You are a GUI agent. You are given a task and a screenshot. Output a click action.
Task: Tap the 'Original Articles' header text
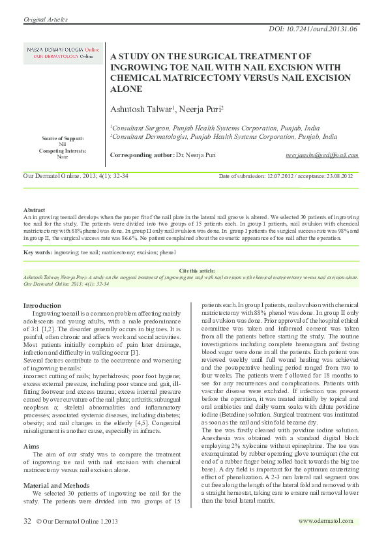[46, 20]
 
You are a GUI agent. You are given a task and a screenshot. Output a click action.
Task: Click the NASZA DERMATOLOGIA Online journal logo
[63, 53]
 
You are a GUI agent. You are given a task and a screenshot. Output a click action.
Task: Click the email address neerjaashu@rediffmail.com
[321, 155]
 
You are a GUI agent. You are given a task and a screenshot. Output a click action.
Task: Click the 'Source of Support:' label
[63, 138]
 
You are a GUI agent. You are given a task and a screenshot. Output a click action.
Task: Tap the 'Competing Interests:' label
[63, 151]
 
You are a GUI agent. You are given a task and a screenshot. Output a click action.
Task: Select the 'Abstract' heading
[35, 211]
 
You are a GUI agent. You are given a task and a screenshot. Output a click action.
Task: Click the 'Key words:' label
[38, 251]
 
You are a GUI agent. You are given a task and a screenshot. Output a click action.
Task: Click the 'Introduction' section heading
[42, 306]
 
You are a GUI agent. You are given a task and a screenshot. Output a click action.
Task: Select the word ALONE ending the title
[128, 89]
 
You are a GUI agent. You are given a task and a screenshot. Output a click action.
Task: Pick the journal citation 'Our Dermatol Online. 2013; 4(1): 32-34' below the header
[76, 176]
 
